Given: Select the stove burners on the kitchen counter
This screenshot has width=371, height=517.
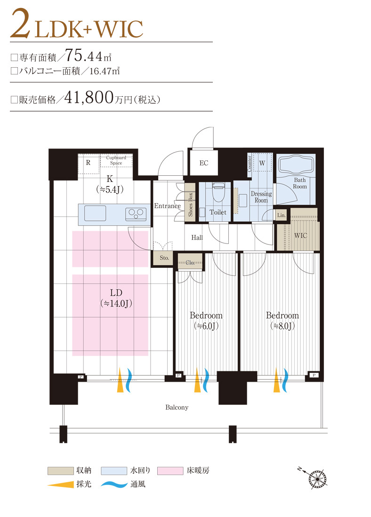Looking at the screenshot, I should pyautogui.click(x=136, y=214).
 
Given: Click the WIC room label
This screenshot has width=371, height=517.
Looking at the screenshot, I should pyautogui.click(x=300, y=235).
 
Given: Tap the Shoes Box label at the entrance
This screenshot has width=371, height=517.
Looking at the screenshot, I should pyautogui.click(x=191, y=204).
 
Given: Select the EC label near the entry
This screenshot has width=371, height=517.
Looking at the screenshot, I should pyautogui.click(x=203, y=163).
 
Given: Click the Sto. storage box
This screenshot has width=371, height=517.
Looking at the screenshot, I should pyautogui.click(x=164, y=258).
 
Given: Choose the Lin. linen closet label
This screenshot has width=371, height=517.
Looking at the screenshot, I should pyautogui.click(x=281, y=215).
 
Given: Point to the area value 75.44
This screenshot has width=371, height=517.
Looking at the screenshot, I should pyautogui.click(x=85, y=56).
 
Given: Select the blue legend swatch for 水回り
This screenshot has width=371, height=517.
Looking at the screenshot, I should pyautogui.click(x=114, y=470).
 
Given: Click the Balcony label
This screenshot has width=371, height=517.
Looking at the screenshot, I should pyautogui.click(x=177, y=407).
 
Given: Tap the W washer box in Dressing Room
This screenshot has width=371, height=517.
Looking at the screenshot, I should pyautogui.click(x=262, y=163).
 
